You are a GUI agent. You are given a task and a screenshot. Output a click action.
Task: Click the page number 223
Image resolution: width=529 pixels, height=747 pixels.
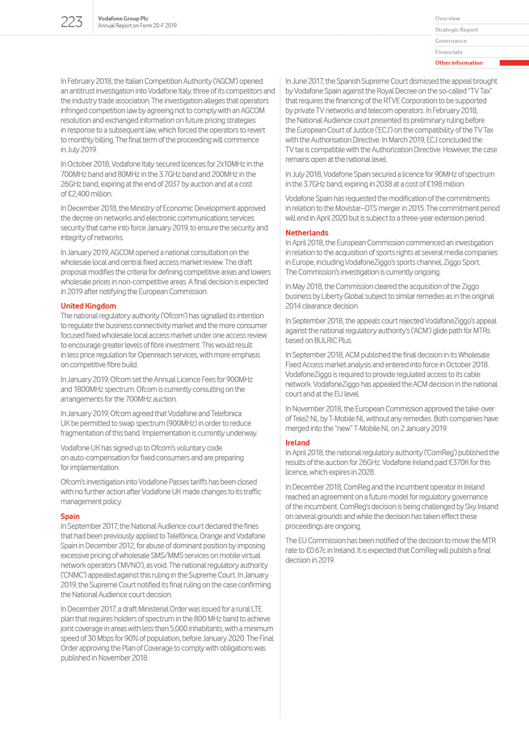click(x=71, y=22)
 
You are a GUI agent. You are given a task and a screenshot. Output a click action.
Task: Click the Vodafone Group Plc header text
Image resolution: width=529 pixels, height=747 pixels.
click(x=123, y=18)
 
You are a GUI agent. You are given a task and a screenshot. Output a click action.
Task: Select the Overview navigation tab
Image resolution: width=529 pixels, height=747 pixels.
click(x=447, y=18)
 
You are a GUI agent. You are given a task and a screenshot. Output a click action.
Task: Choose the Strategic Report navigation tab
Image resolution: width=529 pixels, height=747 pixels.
click(x=456, y=30)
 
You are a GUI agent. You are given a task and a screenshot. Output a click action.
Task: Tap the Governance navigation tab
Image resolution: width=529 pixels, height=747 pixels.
click(x=450, y=41)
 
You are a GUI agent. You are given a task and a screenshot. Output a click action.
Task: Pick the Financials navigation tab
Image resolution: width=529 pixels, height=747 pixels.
click(x=448, y=52)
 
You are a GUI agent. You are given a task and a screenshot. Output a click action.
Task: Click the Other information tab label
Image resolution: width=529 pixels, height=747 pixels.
click(x=459, y=63)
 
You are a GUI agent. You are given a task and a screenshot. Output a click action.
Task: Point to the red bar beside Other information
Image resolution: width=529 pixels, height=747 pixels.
click(x=514, y=63)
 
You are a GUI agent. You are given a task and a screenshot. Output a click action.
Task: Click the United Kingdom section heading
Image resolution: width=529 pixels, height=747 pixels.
click(x=88, y=306)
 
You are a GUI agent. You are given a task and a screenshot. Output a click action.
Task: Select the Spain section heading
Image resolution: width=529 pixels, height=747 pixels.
click(x=70, y=516)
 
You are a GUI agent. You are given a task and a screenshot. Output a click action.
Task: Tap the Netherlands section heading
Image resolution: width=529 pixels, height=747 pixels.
click(x=306, y=233)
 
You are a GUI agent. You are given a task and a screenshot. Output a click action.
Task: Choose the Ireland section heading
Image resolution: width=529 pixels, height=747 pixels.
click(x=297, y=443)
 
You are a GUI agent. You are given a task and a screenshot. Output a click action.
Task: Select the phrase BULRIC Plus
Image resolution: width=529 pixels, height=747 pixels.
click(x=333, y=340)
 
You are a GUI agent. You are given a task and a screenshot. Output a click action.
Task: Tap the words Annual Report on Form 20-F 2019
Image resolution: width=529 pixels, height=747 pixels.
click(x=137, y=25)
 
